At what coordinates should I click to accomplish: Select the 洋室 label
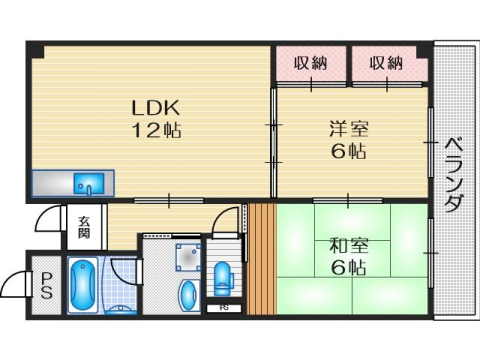click(x=349, y=130)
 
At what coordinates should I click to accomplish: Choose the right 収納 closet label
click(x=385, y=64)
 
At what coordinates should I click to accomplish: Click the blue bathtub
click(x=82, y=287)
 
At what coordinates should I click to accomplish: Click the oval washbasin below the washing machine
click(x=188, y=294)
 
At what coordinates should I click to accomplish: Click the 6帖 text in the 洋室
click(x=349, y=152)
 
